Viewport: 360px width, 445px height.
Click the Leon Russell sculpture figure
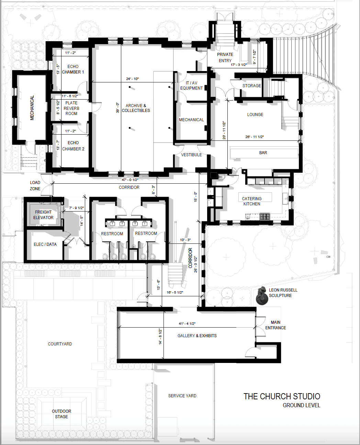point(262,296)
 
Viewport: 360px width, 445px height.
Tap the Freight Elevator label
point(43,215)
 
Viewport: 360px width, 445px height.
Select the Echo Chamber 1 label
point(73,69)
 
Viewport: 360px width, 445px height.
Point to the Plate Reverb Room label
point(71,108)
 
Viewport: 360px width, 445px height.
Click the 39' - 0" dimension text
point(117,108)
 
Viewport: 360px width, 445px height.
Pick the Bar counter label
point(263,153)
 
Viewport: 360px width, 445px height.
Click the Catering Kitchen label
point(252,201)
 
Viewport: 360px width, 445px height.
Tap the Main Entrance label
point(275,325)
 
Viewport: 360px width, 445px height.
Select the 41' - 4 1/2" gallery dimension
point(187,323)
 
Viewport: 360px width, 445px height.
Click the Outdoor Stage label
point(61,414)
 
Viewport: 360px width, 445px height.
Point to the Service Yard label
point(182,396)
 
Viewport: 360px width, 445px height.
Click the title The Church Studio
point(282,396)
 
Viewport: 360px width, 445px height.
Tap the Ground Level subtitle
point(302,405)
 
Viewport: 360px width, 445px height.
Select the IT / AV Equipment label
point(191,85)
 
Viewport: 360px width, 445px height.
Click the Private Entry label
point(225,57)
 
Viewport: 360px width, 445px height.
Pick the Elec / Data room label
point(45,244)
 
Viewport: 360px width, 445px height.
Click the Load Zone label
point(35,185)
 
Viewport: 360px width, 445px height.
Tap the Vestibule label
point(191,155)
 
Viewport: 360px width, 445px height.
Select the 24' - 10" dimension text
point(133,79)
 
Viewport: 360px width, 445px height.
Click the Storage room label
point(252,85)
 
